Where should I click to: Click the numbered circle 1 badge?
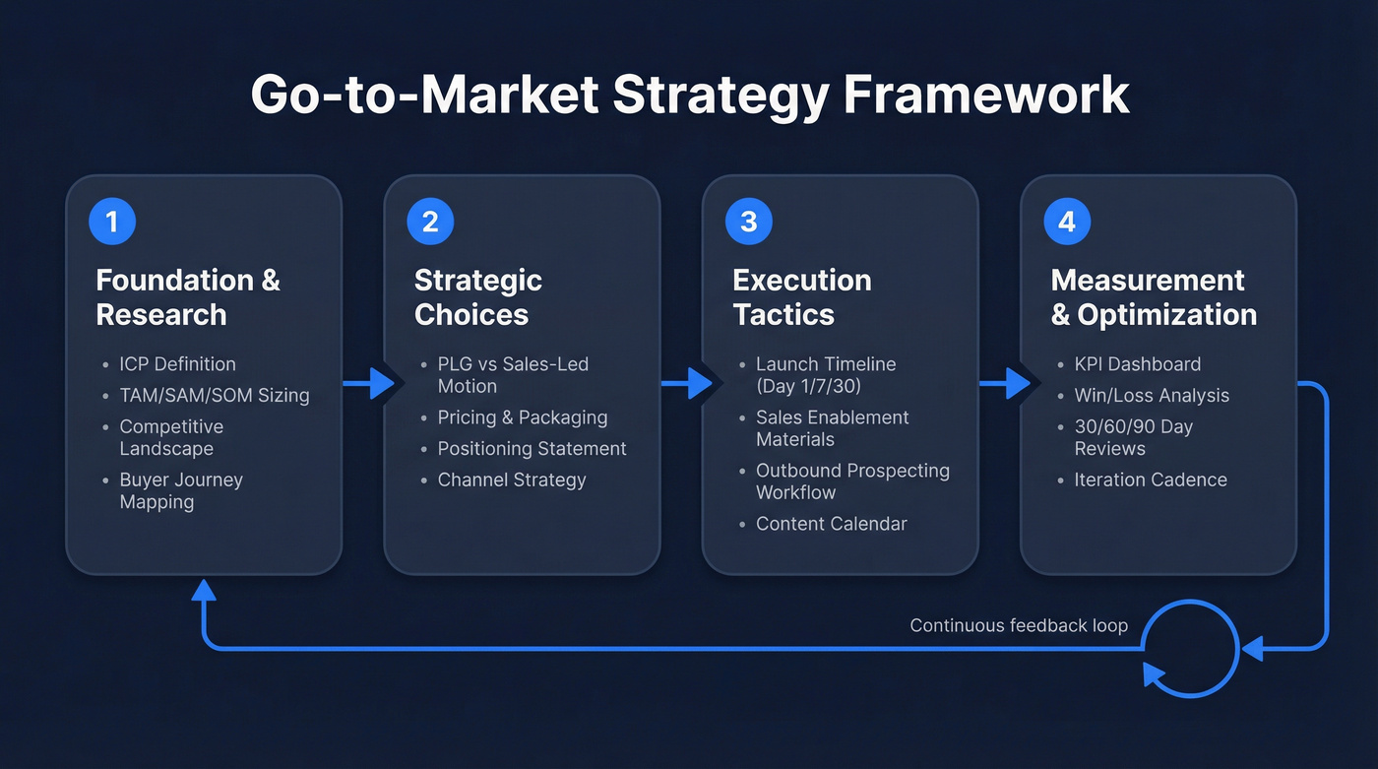point(112,222)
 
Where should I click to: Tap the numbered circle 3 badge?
point(749,222)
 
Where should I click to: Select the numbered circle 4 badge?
point(1067,222)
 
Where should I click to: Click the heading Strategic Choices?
point(477,297)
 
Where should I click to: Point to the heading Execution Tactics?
point(801,297)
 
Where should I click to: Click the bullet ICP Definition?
point(177,364)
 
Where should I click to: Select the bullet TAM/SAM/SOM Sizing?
point(214,396)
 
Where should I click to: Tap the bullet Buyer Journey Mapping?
point(180,490)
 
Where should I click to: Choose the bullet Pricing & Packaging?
point(522,417)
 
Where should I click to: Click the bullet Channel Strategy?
point(511,481)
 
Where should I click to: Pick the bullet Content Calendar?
point(831,524)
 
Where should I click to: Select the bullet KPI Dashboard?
point(1137,364)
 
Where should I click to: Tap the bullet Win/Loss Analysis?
point(1152,396)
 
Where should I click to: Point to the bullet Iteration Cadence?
point(1150,481)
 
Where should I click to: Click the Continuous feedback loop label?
point(1018,625)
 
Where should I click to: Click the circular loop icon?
point(1189,649)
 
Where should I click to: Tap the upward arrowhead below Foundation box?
point(204,591)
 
